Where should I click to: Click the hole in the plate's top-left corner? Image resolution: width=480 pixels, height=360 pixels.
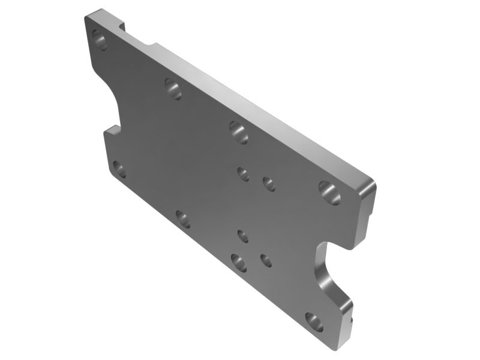[100, 42]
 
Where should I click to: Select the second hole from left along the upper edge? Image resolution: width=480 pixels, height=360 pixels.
[173, 89]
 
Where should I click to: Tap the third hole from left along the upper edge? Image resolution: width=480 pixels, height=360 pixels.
[238, 132]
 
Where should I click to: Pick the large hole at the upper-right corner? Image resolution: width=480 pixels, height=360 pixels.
[329, 192]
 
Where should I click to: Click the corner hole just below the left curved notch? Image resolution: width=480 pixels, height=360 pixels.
[119, 169]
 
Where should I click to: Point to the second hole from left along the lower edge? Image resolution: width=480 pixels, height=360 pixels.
[182, 218]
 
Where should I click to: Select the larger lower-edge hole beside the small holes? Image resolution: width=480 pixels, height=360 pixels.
[238, 262]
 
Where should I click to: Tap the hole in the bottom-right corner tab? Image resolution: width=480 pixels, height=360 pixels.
[314, 322]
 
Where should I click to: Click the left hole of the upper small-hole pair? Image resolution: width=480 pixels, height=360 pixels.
[243, 174]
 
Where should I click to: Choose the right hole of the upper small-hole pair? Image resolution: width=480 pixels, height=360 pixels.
[269, 184]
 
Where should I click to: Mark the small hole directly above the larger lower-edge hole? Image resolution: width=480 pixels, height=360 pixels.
[242, 236]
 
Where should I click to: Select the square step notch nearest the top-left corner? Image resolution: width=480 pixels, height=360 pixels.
[124, 28]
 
